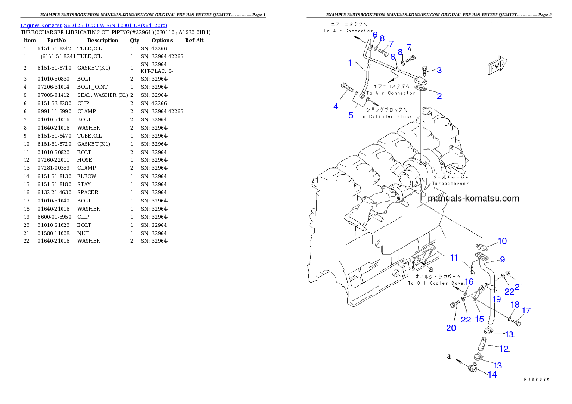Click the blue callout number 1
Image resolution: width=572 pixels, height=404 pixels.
click(350, 63)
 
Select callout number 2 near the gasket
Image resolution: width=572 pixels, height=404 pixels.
click(439, 96)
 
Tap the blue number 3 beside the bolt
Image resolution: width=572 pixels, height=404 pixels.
click(439, 70)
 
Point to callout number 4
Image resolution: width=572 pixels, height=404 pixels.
click(336, 107)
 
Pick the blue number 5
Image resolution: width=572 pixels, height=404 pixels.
click(351, 115)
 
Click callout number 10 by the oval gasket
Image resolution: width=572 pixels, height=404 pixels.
click(502, 241)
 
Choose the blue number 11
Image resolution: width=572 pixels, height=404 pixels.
click(454, 258)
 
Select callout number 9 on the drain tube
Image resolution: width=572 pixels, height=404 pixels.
click(502, 259)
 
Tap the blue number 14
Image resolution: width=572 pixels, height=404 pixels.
click(492, 374)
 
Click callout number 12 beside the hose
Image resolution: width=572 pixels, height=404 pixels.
click(504, 349)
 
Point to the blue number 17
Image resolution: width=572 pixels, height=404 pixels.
click(526, 310)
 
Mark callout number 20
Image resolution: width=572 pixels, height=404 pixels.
click(451, 328)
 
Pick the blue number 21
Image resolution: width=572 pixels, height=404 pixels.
click(519, 287)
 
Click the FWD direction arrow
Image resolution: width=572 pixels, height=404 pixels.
click(497, 68)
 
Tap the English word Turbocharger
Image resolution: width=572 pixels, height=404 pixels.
click(450, 183)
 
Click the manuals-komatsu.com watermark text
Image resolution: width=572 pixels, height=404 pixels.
click(473, 198)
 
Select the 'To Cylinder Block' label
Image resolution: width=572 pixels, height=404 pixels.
click(386, 117)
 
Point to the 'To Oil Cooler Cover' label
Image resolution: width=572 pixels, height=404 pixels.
click(436, 283)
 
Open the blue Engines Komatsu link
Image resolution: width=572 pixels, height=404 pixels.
click(94, 25)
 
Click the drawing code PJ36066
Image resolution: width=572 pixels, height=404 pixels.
click(536, 379)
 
